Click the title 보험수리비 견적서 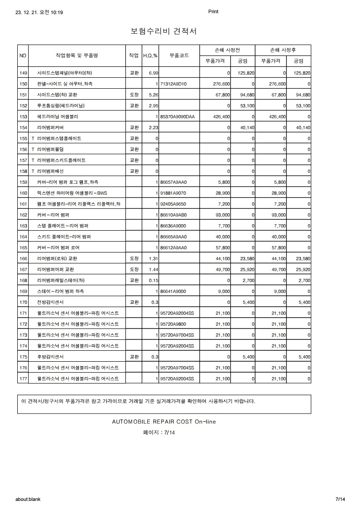coord(163,31)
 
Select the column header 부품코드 coord(179,56)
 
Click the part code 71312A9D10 coord(174,84)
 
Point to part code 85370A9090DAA coord(177,117)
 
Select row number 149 coord(24,73)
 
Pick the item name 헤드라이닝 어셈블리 coord(57,117)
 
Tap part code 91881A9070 coord(174,193)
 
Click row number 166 coord(24,259)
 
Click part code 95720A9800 coord(174,324)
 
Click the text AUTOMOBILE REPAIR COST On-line coord(164,422)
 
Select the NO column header coord(23,56)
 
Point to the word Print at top coord(213,12)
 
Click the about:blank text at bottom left coord(28,499)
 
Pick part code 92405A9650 coord(174,204)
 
